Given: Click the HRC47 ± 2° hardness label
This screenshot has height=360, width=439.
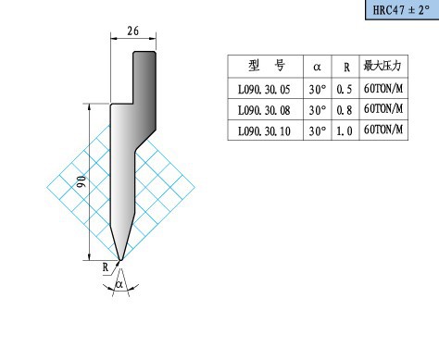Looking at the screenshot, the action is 401,10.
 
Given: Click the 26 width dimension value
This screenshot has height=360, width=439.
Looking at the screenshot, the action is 133,31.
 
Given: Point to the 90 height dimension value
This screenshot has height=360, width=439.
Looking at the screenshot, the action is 82,181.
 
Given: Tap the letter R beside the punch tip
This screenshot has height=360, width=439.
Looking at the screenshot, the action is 106,267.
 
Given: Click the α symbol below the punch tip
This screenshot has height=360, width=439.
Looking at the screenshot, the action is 119,284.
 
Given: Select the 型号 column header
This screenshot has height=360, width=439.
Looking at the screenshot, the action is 266,66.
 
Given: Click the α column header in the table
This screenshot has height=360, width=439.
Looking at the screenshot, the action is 317,67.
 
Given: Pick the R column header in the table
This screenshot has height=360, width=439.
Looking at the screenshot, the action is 346,67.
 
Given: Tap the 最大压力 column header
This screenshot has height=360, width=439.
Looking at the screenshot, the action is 383,66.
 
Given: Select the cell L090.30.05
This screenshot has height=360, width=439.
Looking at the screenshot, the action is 264,90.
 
